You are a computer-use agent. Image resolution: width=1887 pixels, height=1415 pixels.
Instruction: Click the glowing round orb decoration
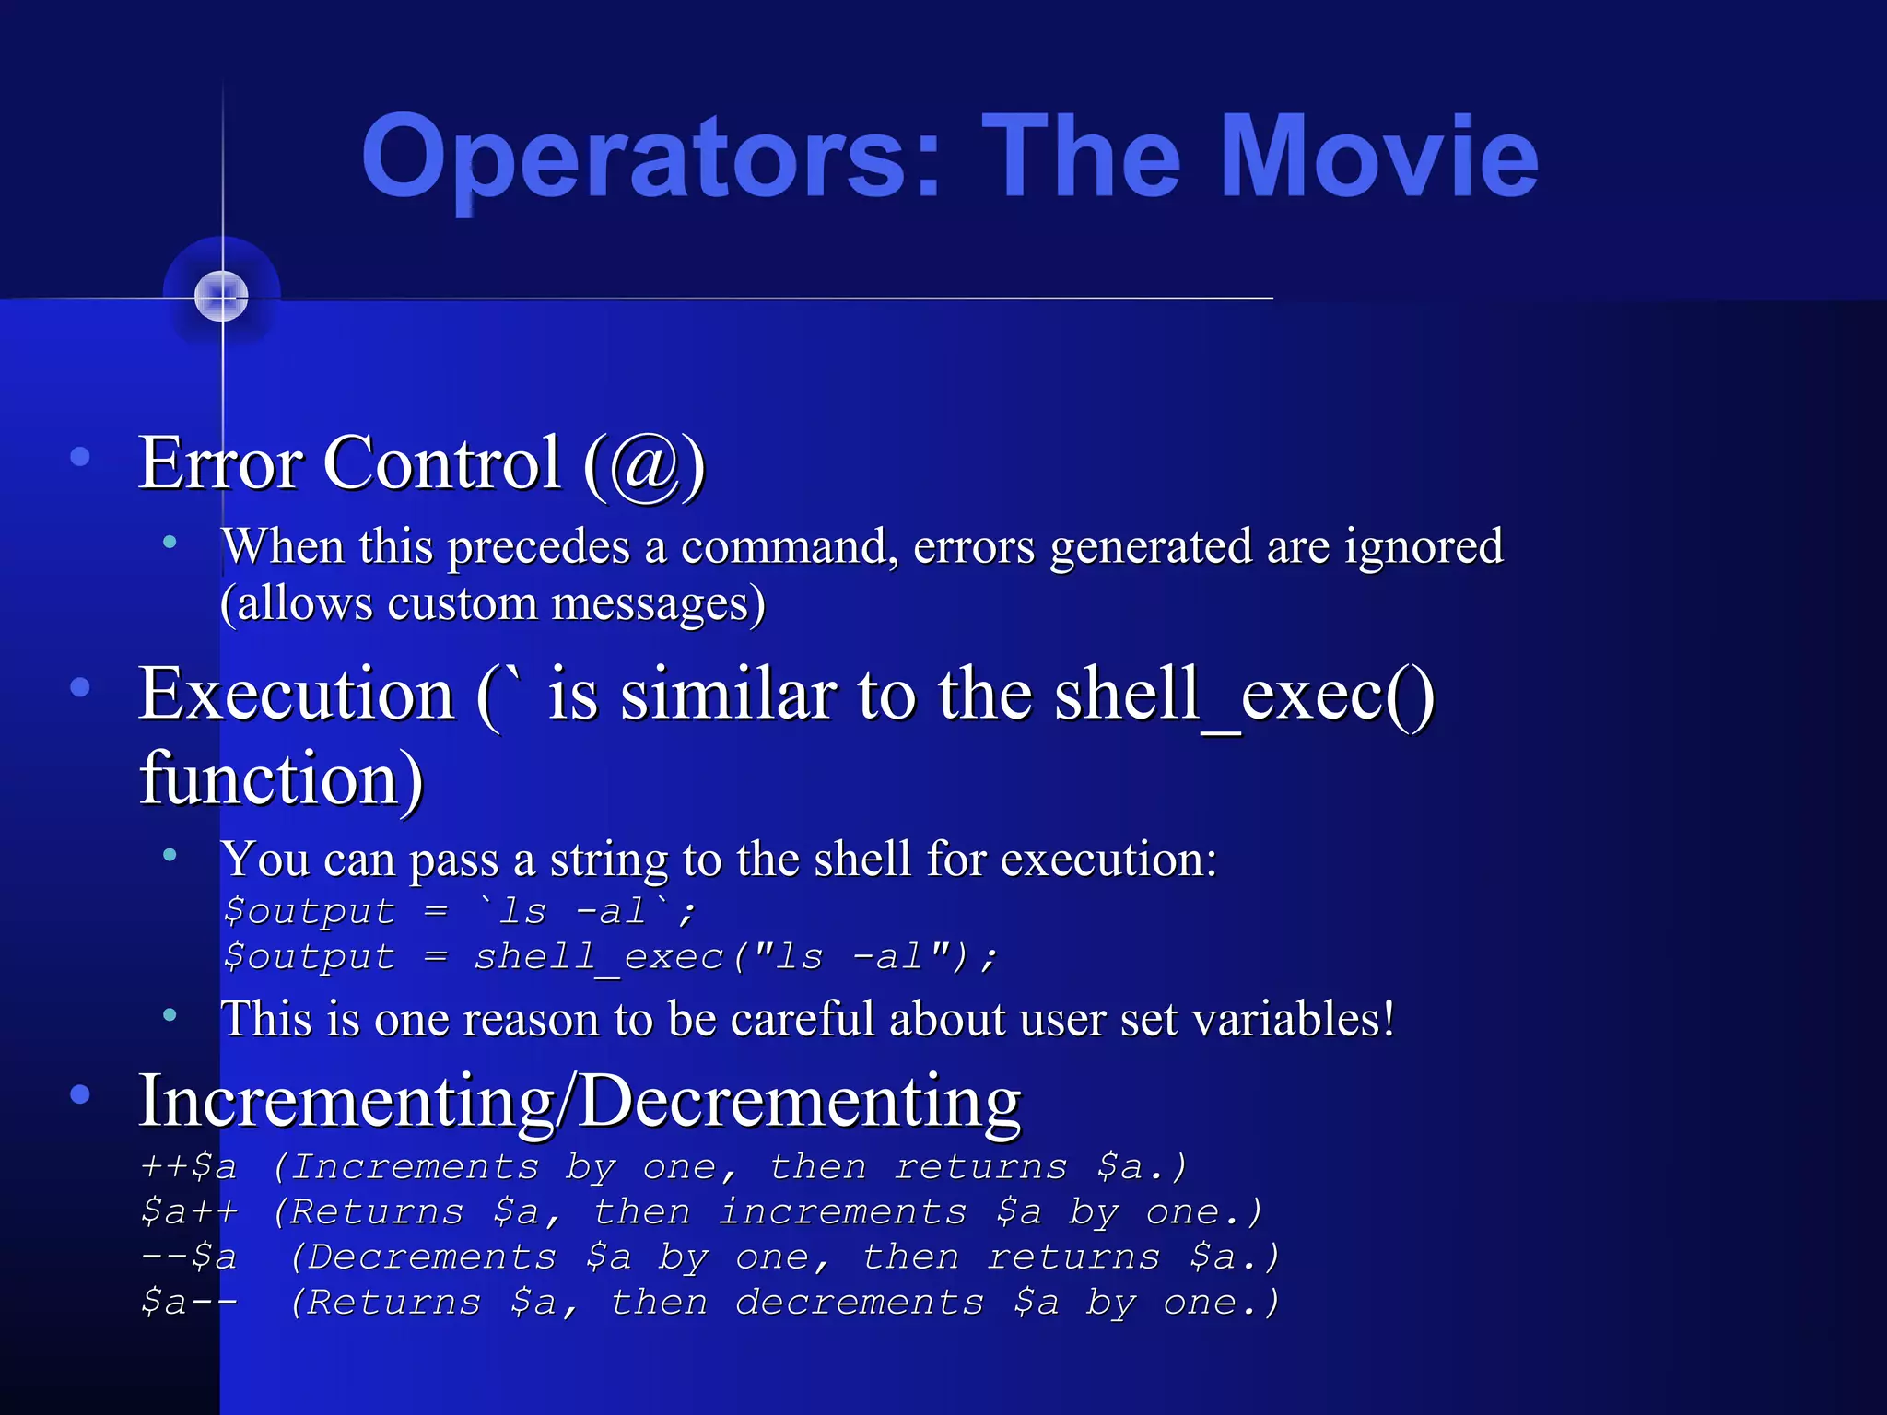point(222,297)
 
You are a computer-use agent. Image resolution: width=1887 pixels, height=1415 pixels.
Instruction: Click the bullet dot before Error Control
point(80,456)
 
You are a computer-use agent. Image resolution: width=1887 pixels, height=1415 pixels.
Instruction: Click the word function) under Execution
point(281,778)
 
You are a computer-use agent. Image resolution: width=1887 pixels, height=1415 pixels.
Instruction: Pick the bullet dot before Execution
point(80,686)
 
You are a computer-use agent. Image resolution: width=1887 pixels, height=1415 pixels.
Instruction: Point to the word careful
point(794,1019)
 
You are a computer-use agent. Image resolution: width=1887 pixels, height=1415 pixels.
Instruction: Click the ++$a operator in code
point(189,1167)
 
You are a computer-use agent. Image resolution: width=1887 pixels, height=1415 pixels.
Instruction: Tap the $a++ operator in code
point(189,1212)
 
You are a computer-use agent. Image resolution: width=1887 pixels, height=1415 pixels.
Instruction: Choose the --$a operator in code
point(189,1257)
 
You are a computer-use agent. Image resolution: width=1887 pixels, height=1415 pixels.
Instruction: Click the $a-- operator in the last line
point(189,1303)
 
